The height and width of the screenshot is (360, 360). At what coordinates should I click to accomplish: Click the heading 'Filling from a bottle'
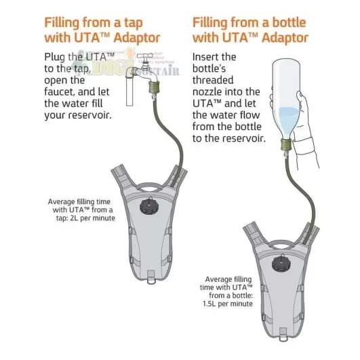click(252, 22)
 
